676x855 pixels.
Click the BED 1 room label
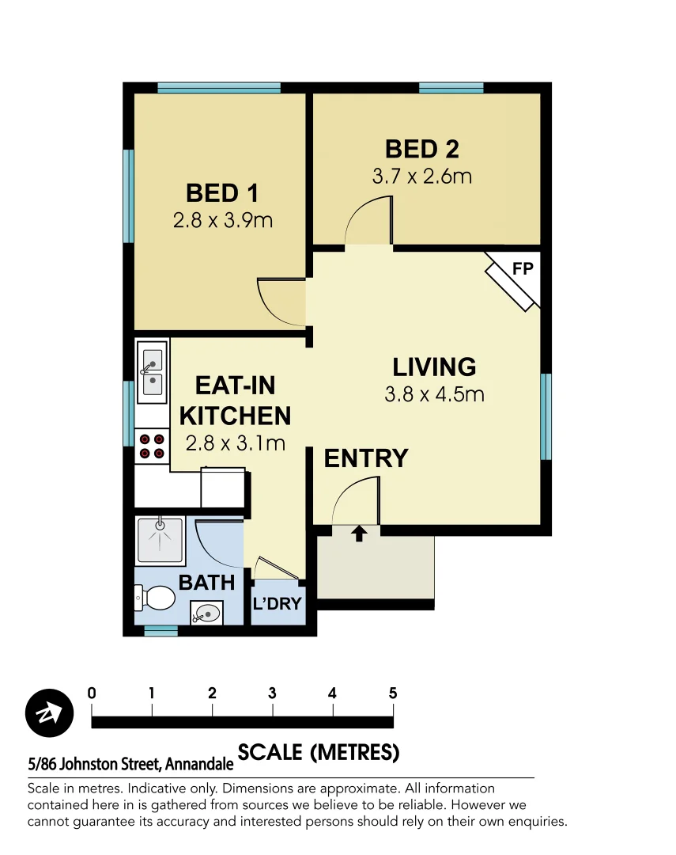point(223,193)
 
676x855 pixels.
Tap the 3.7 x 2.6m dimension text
point(421,176)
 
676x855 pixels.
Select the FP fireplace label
point(523,268)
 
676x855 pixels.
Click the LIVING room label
point(434,367)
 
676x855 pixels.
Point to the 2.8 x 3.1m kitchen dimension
point(235,443)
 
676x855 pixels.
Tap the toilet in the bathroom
point(155,598)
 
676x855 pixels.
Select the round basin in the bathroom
point(207,612)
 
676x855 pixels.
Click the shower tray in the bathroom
point(160,540)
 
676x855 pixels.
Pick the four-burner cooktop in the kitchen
point(152,446)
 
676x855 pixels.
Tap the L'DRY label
point(277,604)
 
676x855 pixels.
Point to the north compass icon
point(49,712)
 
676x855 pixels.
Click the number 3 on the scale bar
point(272,693)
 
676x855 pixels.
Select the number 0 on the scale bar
point(93,693)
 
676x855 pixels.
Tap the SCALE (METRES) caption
point(318,752)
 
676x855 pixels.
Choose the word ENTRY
point(366,458)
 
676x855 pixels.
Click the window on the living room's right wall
point(546,416)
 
